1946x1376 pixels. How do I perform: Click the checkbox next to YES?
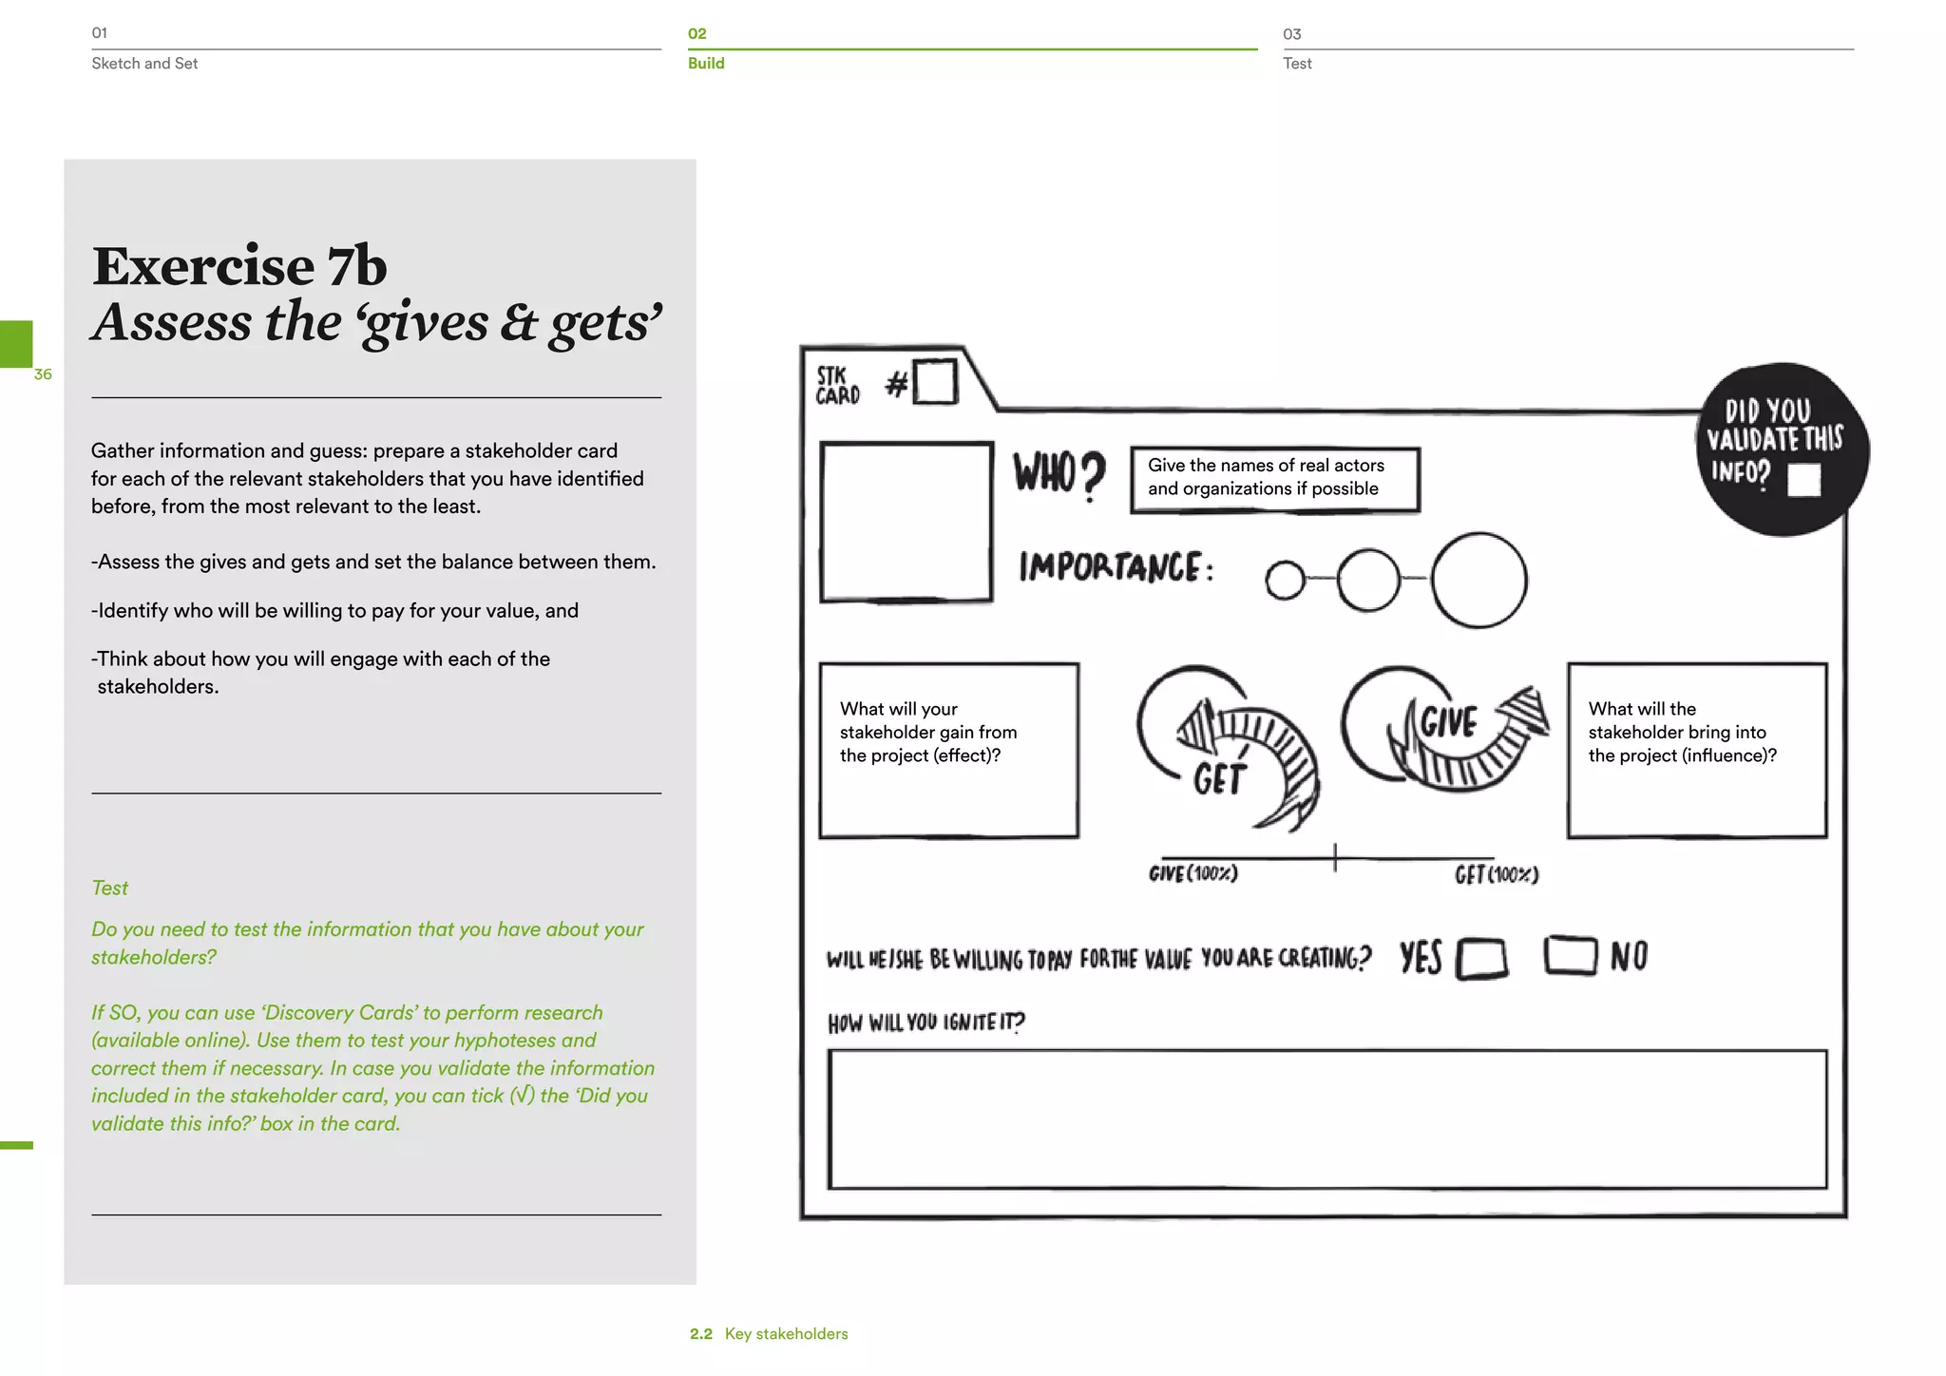pyautogui.click(x=1482, y=958)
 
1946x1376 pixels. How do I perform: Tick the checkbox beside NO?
pyautogui.click(x=1570, y=955)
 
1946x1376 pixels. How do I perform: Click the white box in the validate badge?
pyautogui.click(x=1803, y=480)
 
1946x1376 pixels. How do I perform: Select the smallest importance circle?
pyautogui.click(x=1285, y=581)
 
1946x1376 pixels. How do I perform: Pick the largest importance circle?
pyautogui.click(x=1479, y=580)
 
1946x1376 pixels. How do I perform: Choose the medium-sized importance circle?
pyautogui.click(x=1368, y=580)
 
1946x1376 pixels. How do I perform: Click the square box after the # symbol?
pyautogui.click(x=934, y=382)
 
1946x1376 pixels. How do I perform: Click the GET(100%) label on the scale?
pyautogui.click(x=1496, y=874)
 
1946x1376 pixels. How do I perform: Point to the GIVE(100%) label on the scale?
pyautogui.click(x=1192, y=873)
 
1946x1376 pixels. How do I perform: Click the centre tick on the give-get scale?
pyautogui.click(x=1334, y=857)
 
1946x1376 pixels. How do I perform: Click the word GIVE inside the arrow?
pyautogui.click(x=1448, y=722)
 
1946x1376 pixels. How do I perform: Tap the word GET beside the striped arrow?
pyautogui.click(x=1219, y=779)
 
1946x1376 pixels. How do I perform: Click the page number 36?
pyautogui.click(x=43, y=374)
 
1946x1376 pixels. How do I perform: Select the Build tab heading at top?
pyautogui.click(x=706, y=63)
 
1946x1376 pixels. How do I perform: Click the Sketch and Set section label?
pyautogui.click(x=144, y=63)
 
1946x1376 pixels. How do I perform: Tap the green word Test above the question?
pyautogui.click(x=109, y=888)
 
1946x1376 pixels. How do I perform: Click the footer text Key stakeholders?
pyautogui.click(x=786, y=1334)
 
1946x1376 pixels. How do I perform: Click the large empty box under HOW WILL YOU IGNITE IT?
pyautogui.click(x=1326, y=1119)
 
